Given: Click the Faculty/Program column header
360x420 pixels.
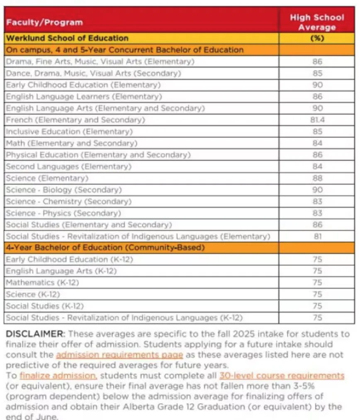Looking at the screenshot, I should tap(44, 22).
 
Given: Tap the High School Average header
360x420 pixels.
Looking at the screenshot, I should tap(317, 22).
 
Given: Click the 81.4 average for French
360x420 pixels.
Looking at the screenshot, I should tap(317, 120).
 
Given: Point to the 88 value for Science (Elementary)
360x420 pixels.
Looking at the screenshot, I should tap(317, 178).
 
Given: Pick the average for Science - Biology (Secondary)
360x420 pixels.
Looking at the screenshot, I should tap(317, 190).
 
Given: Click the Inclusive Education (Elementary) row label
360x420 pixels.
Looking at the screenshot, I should tap(69, 132).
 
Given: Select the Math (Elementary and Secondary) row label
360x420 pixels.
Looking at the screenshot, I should tap(71, 143).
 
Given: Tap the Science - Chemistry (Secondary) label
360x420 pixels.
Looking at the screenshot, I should tap(68, 201).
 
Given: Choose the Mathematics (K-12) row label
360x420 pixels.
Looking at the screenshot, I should tap(42, 283).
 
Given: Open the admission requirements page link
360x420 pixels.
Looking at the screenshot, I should tap(119, 355).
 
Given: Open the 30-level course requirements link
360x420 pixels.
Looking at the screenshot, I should tap(282, 376).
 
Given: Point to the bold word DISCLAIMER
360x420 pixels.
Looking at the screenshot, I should tap(35, 334).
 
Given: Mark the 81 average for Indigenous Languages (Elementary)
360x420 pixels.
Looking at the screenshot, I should tap(317, 237).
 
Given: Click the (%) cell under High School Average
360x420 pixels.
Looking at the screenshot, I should tap(317, 38).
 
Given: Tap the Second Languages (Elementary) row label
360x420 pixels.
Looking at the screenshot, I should tap(68, 166).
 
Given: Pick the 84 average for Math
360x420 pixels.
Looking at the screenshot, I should tap(317, 143).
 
